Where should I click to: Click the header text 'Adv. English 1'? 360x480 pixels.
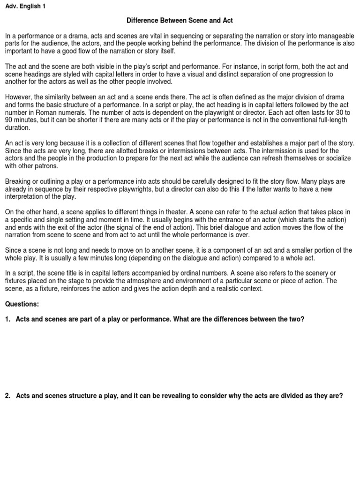25,7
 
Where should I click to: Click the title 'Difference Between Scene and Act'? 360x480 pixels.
180,21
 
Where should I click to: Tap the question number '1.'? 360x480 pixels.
8,319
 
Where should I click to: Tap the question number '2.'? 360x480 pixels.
8,396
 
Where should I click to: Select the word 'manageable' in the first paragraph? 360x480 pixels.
337,36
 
